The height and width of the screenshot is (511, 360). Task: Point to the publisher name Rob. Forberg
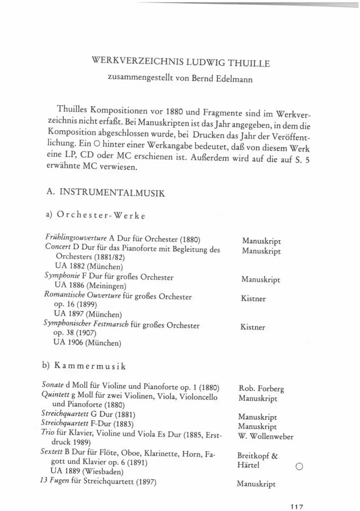pos(262,389)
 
